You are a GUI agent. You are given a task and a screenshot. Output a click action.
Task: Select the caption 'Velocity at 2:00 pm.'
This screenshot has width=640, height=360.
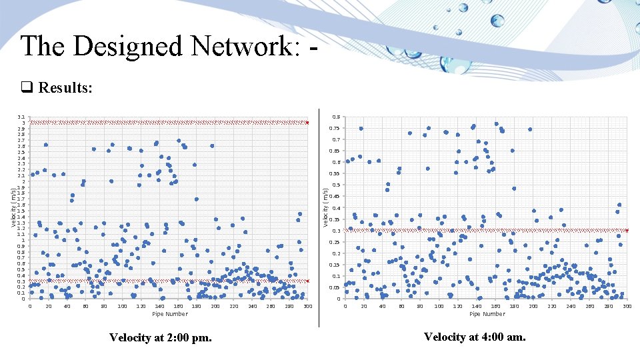pyautogui.click(x=161, y=338)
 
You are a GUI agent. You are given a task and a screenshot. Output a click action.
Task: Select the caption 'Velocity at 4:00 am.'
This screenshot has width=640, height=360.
pyautogui.click(x=475, y=337)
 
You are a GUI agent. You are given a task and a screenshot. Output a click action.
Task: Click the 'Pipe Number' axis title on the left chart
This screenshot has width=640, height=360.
pyautogui.click(x=170, y=313)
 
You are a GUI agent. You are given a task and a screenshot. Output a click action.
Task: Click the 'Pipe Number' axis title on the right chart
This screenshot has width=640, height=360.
pyautogui.click(x=487, y=313)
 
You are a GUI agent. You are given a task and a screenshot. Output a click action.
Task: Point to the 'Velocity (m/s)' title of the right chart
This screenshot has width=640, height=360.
pyautogui.click(x=325, y=207)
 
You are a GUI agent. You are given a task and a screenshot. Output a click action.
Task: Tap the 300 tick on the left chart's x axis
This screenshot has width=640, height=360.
pyautogui.click(x=307, y=306)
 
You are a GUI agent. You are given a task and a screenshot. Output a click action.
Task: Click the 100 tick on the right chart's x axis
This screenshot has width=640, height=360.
pyautogui.click(x=439, y=306)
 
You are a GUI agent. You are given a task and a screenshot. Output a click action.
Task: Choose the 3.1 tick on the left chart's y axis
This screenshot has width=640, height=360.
pyautogui.click(x=23, y=117)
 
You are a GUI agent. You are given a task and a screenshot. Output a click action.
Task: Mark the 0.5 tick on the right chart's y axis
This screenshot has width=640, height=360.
pyautogui.click(x=337, y=185)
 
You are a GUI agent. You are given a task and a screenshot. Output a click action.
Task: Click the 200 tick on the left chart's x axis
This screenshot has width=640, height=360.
pyautogui.click(x=215, y=306)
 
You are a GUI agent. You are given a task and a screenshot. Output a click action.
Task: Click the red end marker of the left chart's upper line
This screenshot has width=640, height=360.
pyautogui.click(x=307, y=123)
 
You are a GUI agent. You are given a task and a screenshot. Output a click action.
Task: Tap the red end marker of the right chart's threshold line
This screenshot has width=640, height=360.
pyautogui.click(x=627, y=231)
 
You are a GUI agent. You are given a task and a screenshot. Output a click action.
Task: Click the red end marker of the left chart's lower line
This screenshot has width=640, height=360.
pyautogui.click(x=307, y=281)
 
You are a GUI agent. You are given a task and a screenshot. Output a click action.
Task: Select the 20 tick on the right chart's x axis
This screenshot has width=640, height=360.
pyautogui.click(x=363, y=306)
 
